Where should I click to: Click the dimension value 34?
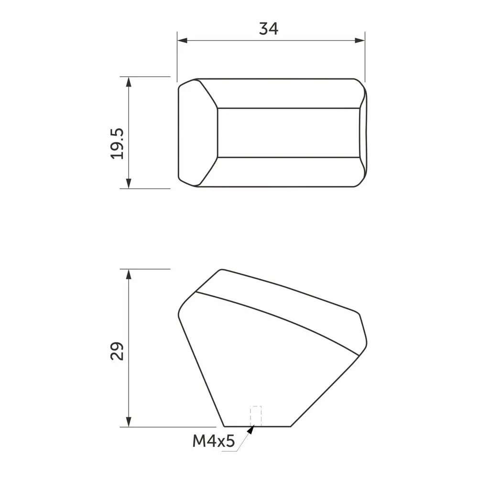[x=269, y=29]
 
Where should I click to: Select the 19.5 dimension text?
[x=117, y=143]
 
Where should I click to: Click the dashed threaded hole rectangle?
[x=256, y=415]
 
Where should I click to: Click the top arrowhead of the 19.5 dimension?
[x=128, y=81]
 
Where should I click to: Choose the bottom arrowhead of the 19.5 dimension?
[x=128, y=184]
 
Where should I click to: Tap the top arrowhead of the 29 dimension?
[x=128, y=273]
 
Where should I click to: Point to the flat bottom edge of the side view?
[x=258, y=426]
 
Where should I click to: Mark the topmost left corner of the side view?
[x=220, y=270]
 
